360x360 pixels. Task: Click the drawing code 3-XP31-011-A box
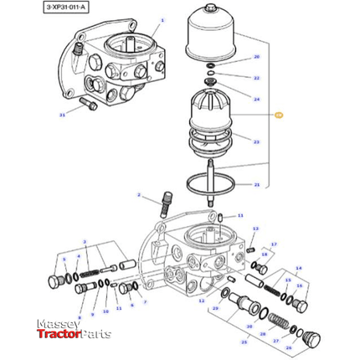[x=44, y=7]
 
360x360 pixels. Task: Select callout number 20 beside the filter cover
[x=257, y=57]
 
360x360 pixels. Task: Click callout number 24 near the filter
[x=257, y=99]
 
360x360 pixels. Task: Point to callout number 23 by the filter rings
[x=257, y=142]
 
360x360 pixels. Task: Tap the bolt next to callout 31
[x=85, y=105]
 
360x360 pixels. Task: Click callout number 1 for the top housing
[x=162, y=20]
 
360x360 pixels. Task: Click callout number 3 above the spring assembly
[x=96, y=242]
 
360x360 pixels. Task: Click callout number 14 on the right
[x=299, y=269]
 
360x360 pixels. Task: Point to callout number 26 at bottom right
[x=289, y=347]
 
